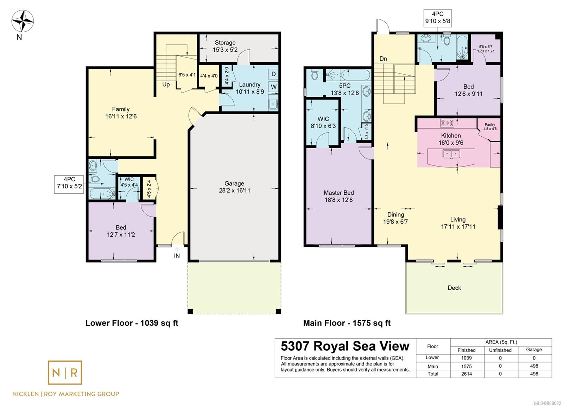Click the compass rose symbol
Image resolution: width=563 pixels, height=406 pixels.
coord(23,21)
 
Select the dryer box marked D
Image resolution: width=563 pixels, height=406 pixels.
coord(273,74)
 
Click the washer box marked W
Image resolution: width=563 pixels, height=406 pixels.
coord(273,87)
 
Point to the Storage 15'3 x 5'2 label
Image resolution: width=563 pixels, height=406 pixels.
coord(225,46)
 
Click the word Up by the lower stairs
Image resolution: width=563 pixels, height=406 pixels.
coord(166,85)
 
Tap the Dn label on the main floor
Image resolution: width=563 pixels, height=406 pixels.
coord(383,59)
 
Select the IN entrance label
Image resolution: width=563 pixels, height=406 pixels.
coord(177,256)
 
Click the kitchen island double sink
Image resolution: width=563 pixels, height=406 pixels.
coord(451,154)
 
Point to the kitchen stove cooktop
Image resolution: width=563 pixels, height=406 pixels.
coord(447,123)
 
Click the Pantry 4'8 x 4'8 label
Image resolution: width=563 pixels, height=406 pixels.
coord(490,126)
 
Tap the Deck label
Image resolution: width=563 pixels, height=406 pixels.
coord(454,288)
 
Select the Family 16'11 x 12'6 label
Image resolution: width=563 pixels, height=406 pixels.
coord(121,113)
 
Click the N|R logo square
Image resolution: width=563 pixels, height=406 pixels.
coord(65,373)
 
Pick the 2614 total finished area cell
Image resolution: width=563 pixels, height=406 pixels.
coord(467,374)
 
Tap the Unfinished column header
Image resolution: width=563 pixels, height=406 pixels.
coord(500,350)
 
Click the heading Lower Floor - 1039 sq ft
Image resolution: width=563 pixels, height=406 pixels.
coord(132,323)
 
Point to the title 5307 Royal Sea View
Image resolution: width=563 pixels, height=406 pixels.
coord(345,346)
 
